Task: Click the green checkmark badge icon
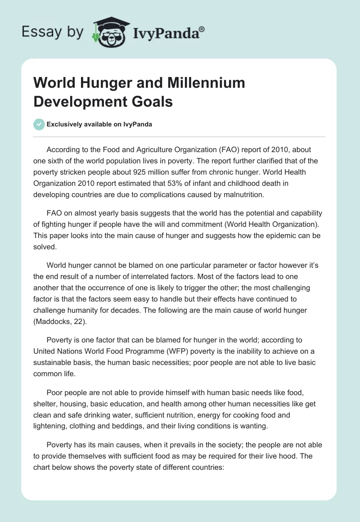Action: click(x=39, y=124)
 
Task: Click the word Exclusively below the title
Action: click(x=66, y=125)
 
